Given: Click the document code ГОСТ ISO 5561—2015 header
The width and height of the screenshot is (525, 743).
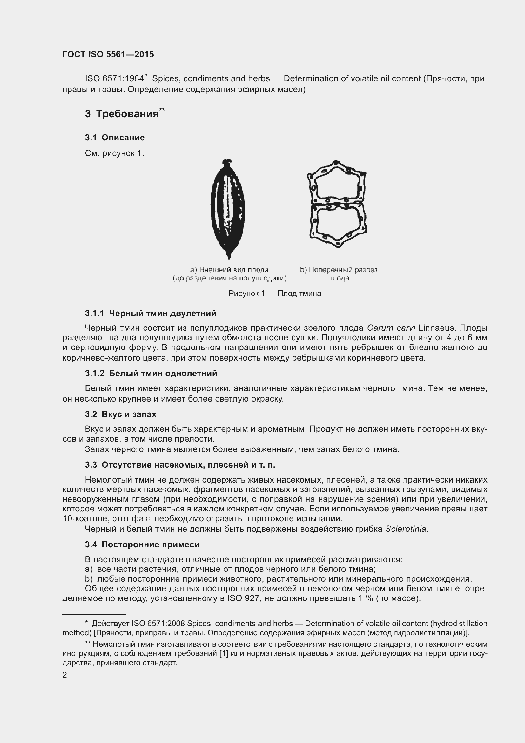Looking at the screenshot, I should coord(108,54).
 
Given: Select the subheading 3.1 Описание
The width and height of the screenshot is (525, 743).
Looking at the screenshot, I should coord(115,138).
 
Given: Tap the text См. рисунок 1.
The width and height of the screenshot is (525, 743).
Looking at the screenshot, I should coord(115,153).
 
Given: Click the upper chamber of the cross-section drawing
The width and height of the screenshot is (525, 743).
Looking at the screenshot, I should coord(336,186).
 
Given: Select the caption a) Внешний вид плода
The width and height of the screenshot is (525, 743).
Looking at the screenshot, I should coord(229,270).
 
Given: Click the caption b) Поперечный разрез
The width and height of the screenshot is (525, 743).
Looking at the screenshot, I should coord(338,270).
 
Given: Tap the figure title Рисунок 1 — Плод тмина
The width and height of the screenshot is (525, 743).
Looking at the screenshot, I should coord(275,294).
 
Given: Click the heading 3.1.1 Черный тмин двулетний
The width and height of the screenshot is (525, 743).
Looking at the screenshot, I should coord(151,313).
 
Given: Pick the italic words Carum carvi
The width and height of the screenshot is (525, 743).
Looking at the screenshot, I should coord(391,328).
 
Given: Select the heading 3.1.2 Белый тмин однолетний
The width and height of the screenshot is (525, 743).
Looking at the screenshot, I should coord(151,374).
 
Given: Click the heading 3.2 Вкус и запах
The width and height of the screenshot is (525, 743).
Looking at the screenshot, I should coord(120,415).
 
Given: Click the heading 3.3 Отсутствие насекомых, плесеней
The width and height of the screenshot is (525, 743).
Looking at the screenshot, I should coord(180,465).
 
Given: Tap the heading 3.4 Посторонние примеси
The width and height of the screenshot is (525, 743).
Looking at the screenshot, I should coord(142,545).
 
